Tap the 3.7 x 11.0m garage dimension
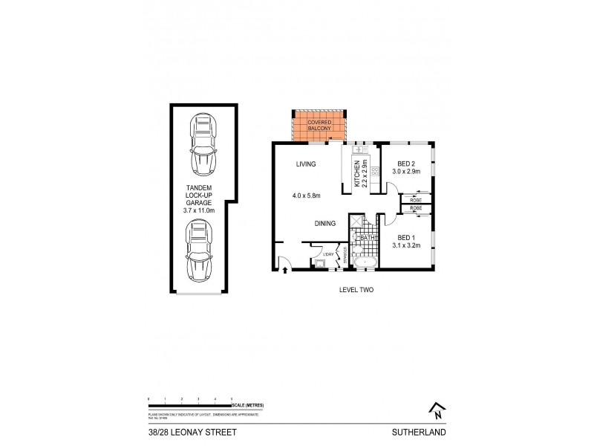(198, 210)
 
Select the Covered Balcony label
(319, 126)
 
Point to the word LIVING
(306, 164)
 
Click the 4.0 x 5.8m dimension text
(306, 196)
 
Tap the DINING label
(324, 222)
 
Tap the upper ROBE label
(414, 199)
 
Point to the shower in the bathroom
(357, 223)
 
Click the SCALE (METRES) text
(248, 405)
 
